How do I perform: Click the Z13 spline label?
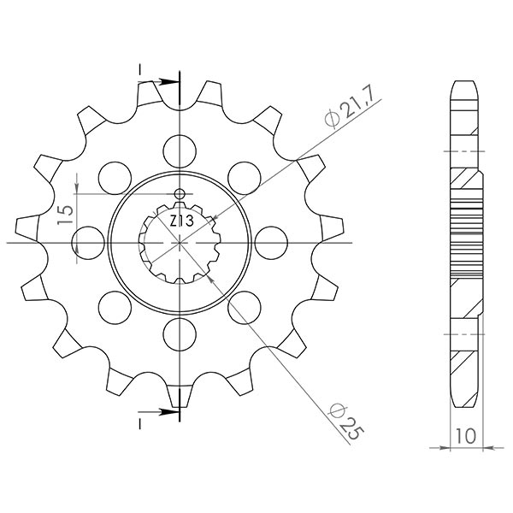[x=180, y=221]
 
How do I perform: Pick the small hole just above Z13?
[x=180, y=194]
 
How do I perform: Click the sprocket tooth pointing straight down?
[x=180, y=397]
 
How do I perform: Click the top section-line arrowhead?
[x=171, y=82]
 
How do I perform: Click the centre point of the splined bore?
[x=180, y=242]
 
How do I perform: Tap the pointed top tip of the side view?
[x=462, y=83]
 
